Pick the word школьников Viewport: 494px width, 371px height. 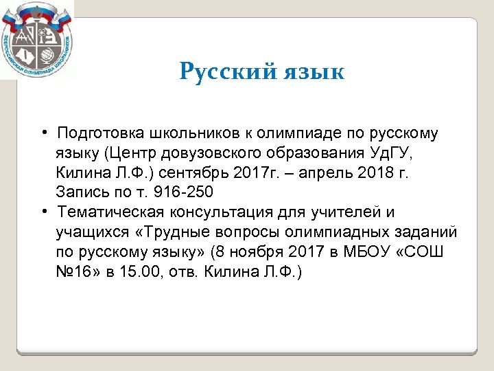180,132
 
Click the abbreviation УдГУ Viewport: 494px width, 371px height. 399,152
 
